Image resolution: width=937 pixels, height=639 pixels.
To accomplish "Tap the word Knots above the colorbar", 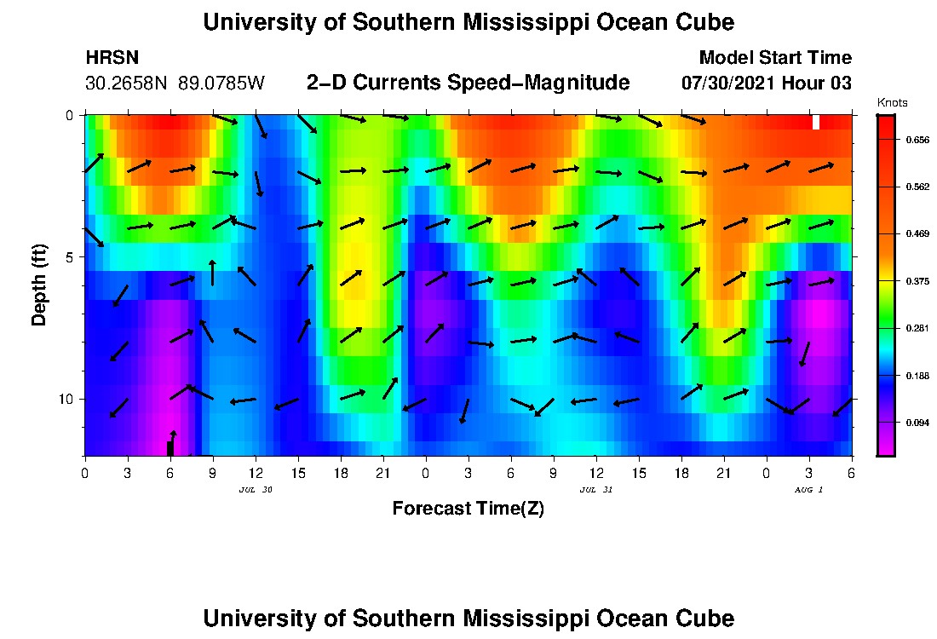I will pyautogui.click(x=893, y=103).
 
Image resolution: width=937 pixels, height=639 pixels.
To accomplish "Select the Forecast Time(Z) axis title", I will pyautogui.click(x=468, y=509).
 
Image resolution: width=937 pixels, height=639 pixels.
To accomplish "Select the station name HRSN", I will pyautogui.click(x=112, y=58).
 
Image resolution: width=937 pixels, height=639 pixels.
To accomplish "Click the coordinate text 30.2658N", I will pyautogui.click(x=127, y=83).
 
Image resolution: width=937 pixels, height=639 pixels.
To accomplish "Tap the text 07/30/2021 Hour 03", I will pyautogui.click(x=767, y=83).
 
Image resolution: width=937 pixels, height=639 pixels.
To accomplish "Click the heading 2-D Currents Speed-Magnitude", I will pyautogui.click(x=468, y=83).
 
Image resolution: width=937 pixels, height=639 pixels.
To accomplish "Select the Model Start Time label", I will pyautogui.click(x=774, y=58).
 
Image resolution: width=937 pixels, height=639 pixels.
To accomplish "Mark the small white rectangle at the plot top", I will pyautogui.click(x=816, y=122).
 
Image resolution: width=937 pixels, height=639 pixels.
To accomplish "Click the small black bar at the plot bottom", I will pyautogui.click(x=170, y=448).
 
